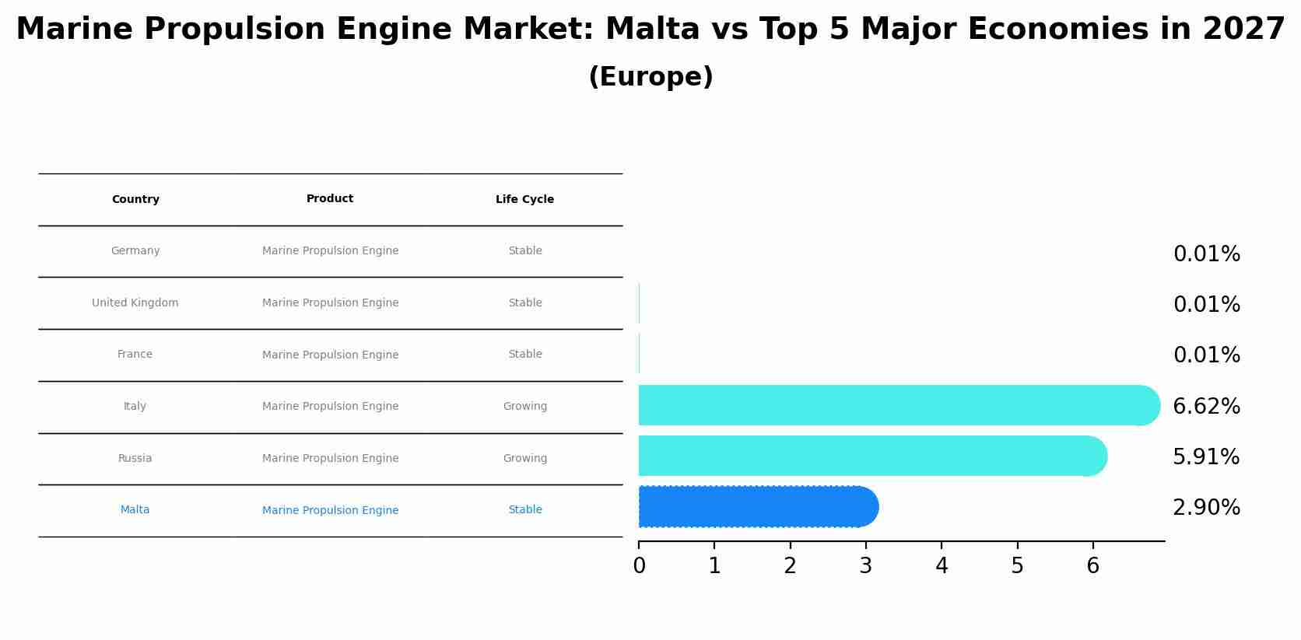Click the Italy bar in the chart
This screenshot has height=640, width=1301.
(895, 405)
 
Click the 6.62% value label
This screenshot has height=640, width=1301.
(1206, 406)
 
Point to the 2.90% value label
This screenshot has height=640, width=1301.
(1206, 508)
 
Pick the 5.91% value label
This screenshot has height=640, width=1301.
(1206, 457)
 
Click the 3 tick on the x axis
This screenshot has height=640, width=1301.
(866, 566)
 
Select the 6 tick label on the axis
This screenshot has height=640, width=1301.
(1092, 566)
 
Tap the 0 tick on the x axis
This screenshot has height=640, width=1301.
(639, 566)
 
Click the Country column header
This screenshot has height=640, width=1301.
(135, 200)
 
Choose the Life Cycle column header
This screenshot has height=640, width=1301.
(524, 200)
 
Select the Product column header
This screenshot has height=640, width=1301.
(330, 199)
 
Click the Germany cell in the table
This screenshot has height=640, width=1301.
(135, 251)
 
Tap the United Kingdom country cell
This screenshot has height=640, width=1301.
(135, 303)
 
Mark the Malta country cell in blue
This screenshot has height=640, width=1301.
(135, 510)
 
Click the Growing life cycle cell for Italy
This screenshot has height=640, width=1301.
(524, 407)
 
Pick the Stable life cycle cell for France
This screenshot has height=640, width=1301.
(524, 355)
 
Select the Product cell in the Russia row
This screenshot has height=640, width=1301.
(330, 459)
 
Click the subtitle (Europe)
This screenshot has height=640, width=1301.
(650, 77)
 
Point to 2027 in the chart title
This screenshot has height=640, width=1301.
(1243, 30)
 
